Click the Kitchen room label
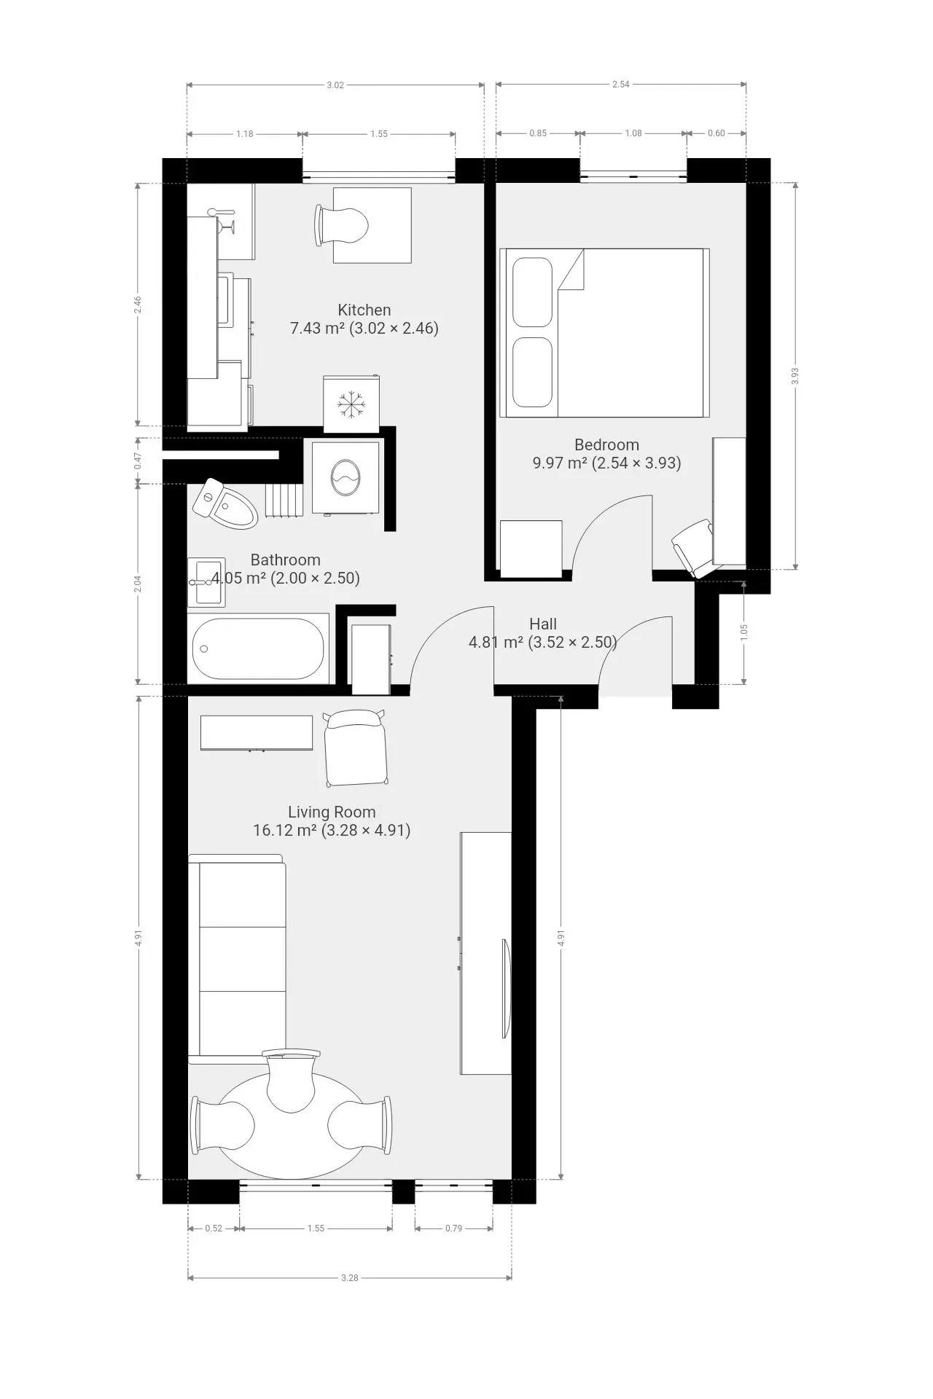click(364, 310)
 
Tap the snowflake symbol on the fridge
click(351, 404)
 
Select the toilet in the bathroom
click(226, 503)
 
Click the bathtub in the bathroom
click(258, 648)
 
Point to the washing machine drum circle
click(346, 478)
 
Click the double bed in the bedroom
click(605, 333)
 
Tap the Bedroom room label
click(606, 444)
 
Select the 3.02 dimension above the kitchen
click(335, 85)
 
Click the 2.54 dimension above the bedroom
click(621, 85)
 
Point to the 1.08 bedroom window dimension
click(633, 133)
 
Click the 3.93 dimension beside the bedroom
click(795, 375)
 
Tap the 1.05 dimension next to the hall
click(743, 632)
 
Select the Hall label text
click(543, 624)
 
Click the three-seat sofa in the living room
click(237, 959)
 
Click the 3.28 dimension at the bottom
click(350, 1277)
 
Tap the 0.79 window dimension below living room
click(453, 1228)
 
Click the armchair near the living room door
click(355, 748)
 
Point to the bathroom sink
click(206, 582)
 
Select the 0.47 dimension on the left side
click(138, 461)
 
